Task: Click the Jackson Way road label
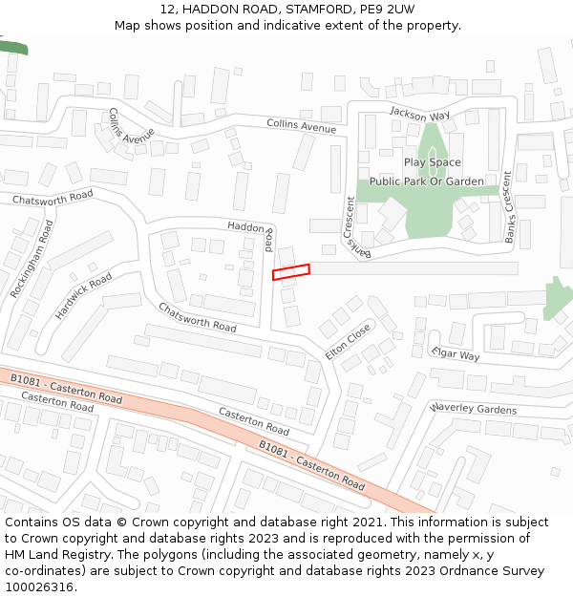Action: click(419, 115)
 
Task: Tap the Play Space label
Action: click(432, 162)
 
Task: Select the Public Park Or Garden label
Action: click(427, 181)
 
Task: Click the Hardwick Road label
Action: click(84, 295)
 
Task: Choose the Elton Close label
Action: click(348, 340)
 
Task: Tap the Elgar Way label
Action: click(455, 354)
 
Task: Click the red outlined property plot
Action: click(291, 272)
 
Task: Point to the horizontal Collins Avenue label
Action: click(302, 125)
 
